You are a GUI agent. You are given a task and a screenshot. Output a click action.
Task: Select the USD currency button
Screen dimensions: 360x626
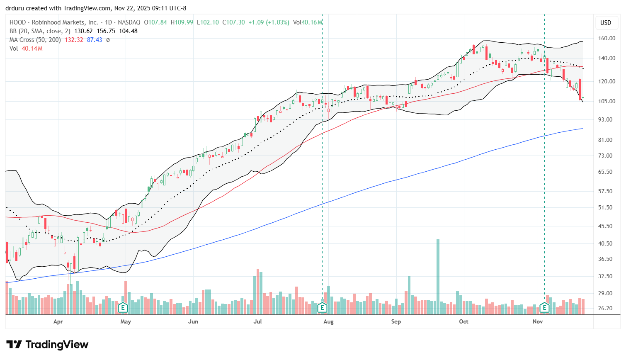[606, 23]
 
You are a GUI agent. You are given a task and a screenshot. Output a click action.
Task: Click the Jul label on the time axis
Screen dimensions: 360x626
[257, 321]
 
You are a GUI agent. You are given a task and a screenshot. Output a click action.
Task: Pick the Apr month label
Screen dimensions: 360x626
[58, 321]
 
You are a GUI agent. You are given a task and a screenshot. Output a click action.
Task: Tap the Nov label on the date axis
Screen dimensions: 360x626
[538, 321]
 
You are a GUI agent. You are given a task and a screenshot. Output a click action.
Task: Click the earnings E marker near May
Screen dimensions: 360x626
[123, 308]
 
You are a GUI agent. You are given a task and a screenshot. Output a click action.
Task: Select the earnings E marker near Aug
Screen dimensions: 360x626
[322, 308]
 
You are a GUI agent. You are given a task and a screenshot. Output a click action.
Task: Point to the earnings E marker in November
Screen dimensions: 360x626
[544, 308]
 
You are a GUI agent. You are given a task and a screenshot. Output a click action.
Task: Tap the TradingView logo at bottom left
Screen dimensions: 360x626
[47, 345]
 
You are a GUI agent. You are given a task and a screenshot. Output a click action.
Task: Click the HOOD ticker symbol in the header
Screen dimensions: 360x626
[17, 22]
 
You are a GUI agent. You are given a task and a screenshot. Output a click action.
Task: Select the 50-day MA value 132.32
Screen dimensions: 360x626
[74, 40]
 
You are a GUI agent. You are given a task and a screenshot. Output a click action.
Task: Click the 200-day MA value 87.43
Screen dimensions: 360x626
[95, 40]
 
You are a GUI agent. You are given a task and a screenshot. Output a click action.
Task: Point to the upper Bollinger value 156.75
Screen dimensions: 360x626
[106, 31]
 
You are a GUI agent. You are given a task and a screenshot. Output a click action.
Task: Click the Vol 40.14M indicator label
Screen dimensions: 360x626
[26, 49]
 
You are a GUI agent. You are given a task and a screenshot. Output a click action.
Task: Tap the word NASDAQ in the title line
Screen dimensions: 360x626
[129, 22]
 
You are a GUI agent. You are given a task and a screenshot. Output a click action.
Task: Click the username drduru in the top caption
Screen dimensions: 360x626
[15, 8]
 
